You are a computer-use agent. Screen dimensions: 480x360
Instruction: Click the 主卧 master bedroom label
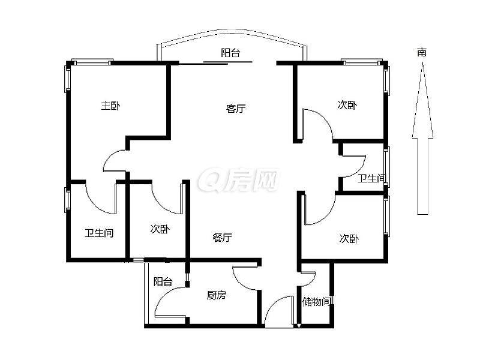click(110, 106)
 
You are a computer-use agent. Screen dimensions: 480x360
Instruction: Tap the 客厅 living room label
click(236, 109)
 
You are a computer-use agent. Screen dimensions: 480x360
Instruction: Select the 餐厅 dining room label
click(222, 238)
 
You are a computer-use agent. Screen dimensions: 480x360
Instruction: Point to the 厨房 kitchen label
click(217, 295)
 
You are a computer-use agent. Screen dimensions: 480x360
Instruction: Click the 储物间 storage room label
click(317, 302)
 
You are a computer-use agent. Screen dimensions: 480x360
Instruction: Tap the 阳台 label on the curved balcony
click(230, 53)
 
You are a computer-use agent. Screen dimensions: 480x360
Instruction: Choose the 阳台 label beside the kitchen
click(163, 281)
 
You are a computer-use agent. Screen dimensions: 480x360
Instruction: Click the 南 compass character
click(422, 52)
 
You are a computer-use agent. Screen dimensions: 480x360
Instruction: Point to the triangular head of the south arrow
click(422, 100)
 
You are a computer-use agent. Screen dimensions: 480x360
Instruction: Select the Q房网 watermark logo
click(238, 179)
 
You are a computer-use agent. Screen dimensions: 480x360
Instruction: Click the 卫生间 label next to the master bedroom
click(99, 233)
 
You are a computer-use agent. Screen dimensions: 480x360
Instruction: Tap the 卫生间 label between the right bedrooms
click(372, 178)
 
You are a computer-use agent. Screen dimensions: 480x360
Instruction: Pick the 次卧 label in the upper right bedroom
click(347, 105)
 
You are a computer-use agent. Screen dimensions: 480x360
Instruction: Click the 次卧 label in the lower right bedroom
click(349, 238)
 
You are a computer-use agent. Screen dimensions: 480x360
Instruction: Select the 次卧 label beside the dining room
click(160, 229)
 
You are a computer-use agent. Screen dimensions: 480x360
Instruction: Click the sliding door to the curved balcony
click(215, 63)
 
